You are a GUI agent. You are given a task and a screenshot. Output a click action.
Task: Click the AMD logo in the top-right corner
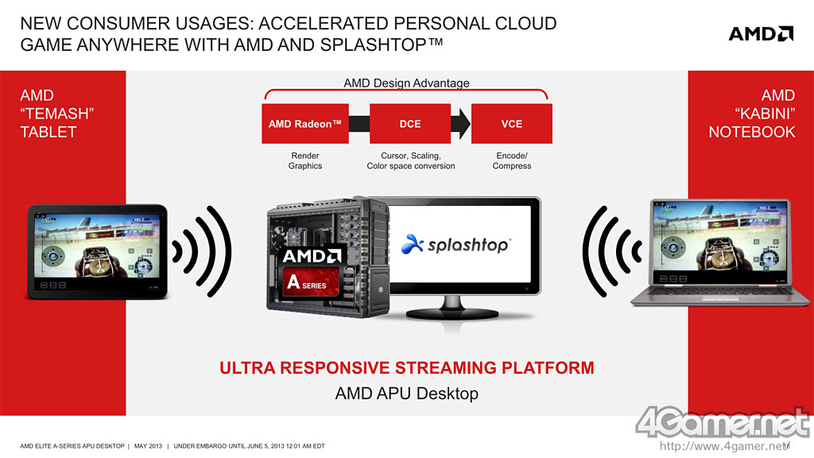[761, 33]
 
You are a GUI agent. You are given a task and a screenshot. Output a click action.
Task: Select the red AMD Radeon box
[305, 123]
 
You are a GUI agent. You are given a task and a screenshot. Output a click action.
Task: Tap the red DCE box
[410, 123]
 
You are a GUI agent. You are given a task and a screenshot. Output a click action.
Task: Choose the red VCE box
[512, 123]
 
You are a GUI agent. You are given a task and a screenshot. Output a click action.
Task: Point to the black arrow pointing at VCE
[460, 123]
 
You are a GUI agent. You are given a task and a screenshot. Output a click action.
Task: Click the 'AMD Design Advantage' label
[406, 83]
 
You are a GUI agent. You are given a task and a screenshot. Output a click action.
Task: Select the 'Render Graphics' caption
[305, 161]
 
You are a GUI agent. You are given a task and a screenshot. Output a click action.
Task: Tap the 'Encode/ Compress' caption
[512, 161]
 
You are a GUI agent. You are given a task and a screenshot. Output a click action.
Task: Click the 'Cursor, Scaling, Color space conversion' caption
[411, 161]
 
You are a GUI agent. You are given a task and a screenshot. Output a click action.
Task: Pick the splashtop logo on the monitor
[456, 244]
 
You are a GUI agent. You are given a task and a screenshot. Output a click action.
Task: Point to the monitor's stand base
[452, 313]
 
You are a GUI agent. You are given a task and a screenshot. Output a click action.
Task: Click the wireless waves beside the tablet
[202, 251]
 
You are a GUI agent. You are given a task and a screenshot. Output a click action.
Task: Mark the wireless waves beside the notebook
[611, 251]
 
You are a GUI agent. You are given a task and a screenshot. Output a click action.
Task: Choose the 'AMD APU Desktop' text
[406, 393]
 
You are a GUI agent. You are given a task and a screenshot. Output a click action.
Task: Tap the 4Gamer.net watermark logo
[722, 421]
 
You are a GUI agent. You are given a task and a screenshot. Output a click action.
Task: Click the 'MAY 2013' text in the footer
[148, 446]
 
